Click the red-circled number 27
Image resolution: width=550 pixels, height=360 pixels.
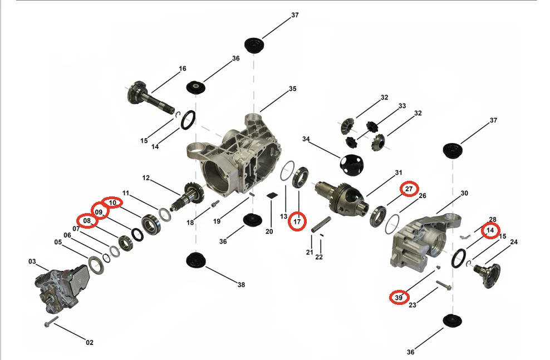[x=409, y=189]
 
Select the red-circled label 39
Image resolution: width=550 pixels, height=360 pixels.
[x=399, y=298]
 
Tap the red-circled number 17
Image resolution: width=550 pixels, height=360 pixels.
[x=297, y=221]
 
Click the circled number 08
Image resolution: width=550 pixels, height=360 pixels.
[x=87, y=221]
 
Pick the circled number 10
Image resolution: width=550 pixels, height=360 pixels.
[x=112, y=203]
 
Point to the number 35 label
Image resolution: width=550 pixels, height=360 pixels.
[x=293, y=89]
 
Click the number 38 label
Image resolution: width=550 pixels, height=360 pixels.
[x=241, y=285]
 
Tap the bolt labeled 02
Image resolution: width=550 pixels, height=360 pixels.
[x=49, y=322]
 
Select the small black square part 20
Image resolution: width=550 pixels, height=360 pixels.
[x=272, y=195]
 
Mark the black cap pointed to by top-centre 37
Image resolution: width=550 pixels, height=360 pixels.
[x=256, y=45]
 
